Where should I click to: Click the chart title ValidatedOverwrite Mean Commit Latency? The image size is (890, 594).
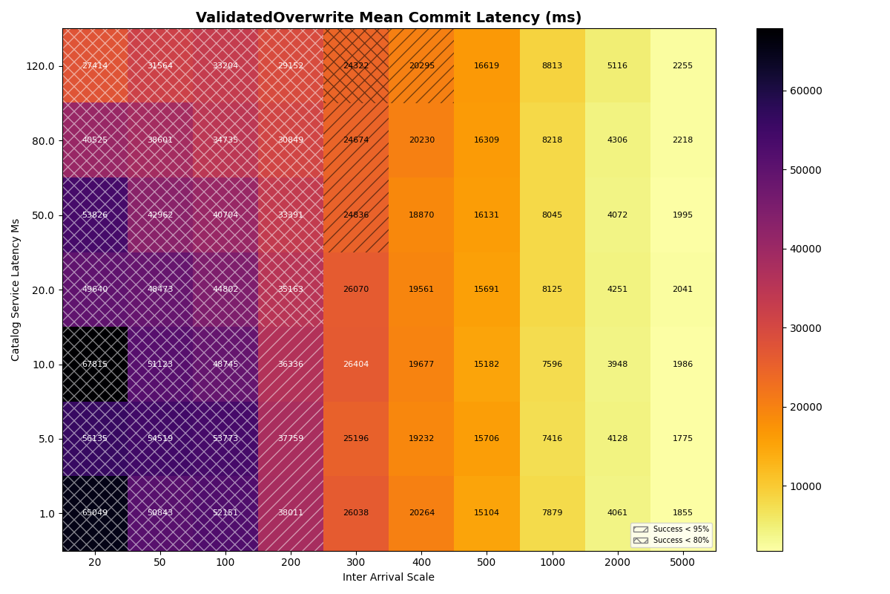[389, 18]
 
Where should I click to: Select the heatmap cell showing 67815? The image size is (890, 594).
[95, 365]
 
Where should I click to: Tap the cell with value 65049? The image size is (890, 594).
[95, 513]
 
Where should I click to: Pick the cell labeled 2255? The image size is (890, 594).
[682, 66]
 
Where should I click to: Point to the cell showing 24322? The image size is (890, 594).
[356, 66]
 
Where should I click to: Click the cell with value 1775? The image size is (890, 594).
[682, 439]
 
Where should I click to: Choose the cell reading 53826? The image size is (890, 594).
[95, 215]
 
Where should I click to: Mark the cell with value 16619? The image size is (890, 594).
[487, 66]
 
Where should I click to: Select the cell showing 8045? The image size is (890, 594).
[552, 215]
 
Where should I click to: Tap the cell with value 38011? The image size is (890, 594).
[291, 513]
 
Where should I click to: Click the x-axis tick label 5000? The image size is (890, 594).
[682, 563]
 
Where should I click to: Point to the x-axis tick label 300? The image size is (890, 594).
[356, 563]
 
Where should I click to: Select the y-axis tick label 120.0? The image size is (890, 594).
[40, 66]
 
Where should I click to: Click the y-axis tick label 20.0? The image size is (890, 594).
[42, 290]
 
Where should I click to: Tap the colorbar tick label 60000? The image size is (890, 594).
[805, 91]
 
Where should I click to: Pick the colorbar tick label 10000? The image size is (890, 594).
[805, 486]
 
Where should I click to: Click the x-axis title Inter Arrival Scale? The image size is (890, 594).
[389, 577]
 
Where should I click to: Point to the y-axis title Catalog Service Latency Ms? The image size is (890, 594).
[16, 290]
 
